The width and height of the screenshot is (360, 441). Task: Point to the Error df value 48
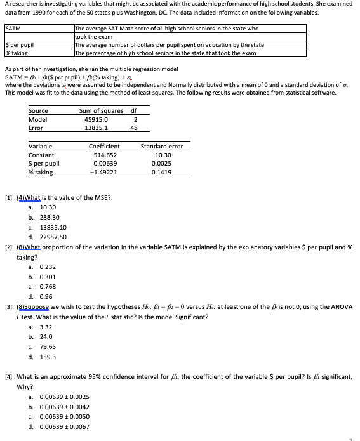pyautogui.click(x=134, y=128)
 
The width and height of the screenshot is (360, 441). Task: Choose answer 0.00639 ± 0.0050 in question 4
pyautogui.click(x=63, y=416)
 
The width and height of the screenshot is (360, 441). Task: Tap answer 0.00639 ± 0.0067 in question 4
pyautogui.click(x=63, y=426)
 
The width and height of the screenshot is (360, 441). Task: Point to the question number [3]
pyautogui.click(x=9, y=307)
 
